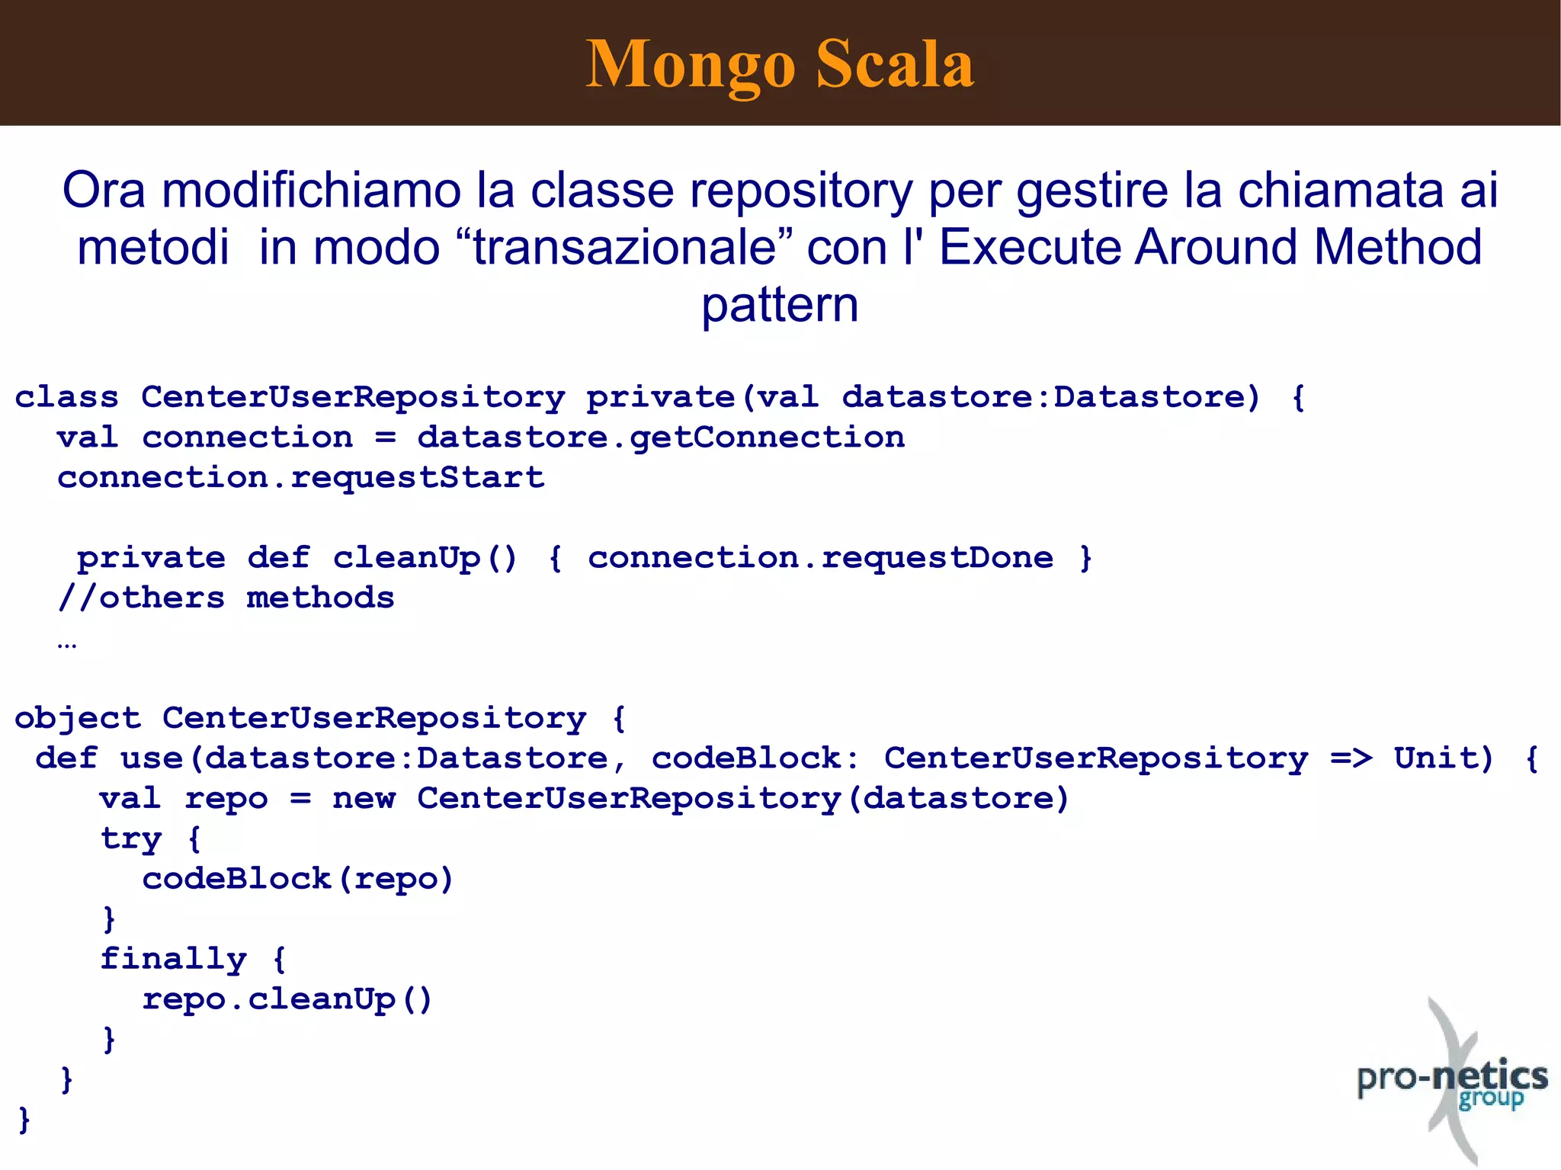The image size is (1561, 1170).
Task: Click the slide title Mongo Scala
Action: [x=780, y=64]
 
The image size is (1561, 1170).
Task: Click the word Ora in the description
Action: [x=103, y=190]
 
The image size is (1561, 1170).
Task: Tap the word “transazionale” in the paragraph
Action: [x=624, y=248]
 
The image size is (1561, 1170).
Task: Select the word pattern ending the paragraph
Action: [x=780, y=305]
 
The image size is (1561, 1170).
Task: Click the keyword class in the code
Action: [x=67, y=397]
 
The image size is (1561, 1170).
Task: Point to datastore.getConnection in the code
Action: [x=661, y=438]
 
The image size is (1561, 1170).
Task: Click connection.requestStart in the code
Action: [x=301, y=478]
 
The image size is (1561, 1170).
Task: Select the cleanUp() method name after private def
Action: [x=425, y=558]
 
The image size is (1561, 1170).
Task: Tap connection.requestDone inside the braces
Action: [x=820, y=558]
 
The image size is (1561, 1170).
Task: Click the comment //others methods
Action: [x=226, y=598]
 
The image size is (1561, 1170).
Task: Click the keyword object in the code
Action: [x=78, y=718]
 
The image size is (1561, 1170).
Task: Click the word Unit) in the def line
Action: [x=1444, y=758]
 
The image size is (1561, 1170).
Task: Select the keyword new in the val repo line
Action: [x=364, y=799]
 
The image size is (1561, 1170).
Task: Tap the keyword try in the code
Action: [x=131, y=839]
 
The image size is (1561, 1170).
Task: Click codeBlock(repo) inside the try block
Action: [x=298, y=880]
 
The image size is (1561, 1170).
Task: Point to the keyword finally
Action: [x=174, y=959]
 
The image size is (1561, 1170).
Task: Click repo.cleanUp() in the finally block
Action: [x=287, y=999]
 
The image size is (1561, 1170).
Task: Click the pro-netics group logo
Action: [x=1452, y=1082]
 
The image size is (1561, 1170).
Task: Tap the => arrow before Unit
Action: [x=1351, y=758]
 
